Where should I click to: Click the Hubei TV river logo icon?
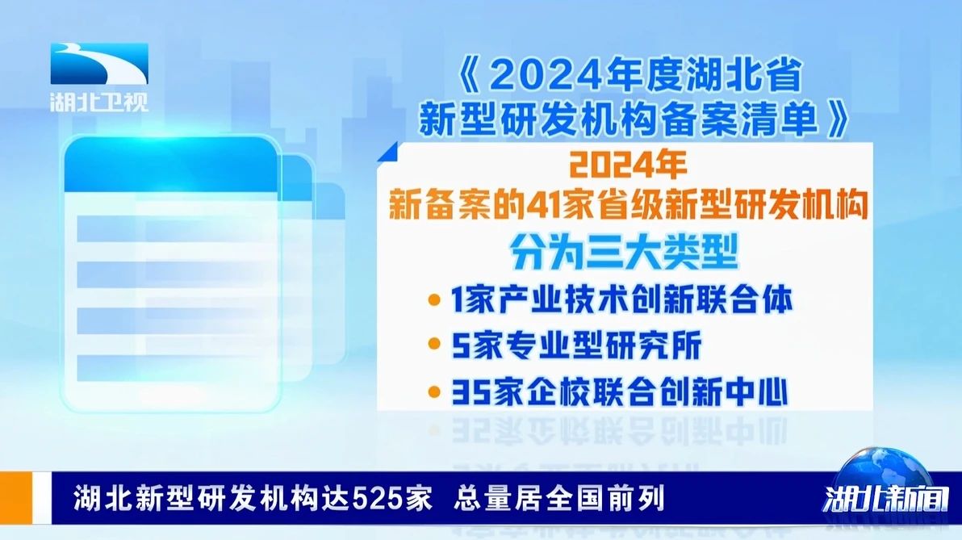coord(99,64)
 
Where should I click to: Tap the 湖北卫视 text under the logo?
coord(99,101)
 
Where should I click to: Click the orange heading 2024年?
coord(628,165)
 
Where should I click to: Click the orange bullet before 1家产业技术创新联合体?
coord(434,300)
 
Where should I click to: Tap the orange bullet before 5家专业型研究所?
coord(434,344)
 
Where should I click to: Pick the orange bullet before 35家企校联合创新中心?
coord(434,391)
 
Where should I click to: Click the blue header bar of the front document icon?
coord(170,165)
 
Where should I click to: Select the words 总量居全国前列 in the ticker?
coord(559,498)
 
